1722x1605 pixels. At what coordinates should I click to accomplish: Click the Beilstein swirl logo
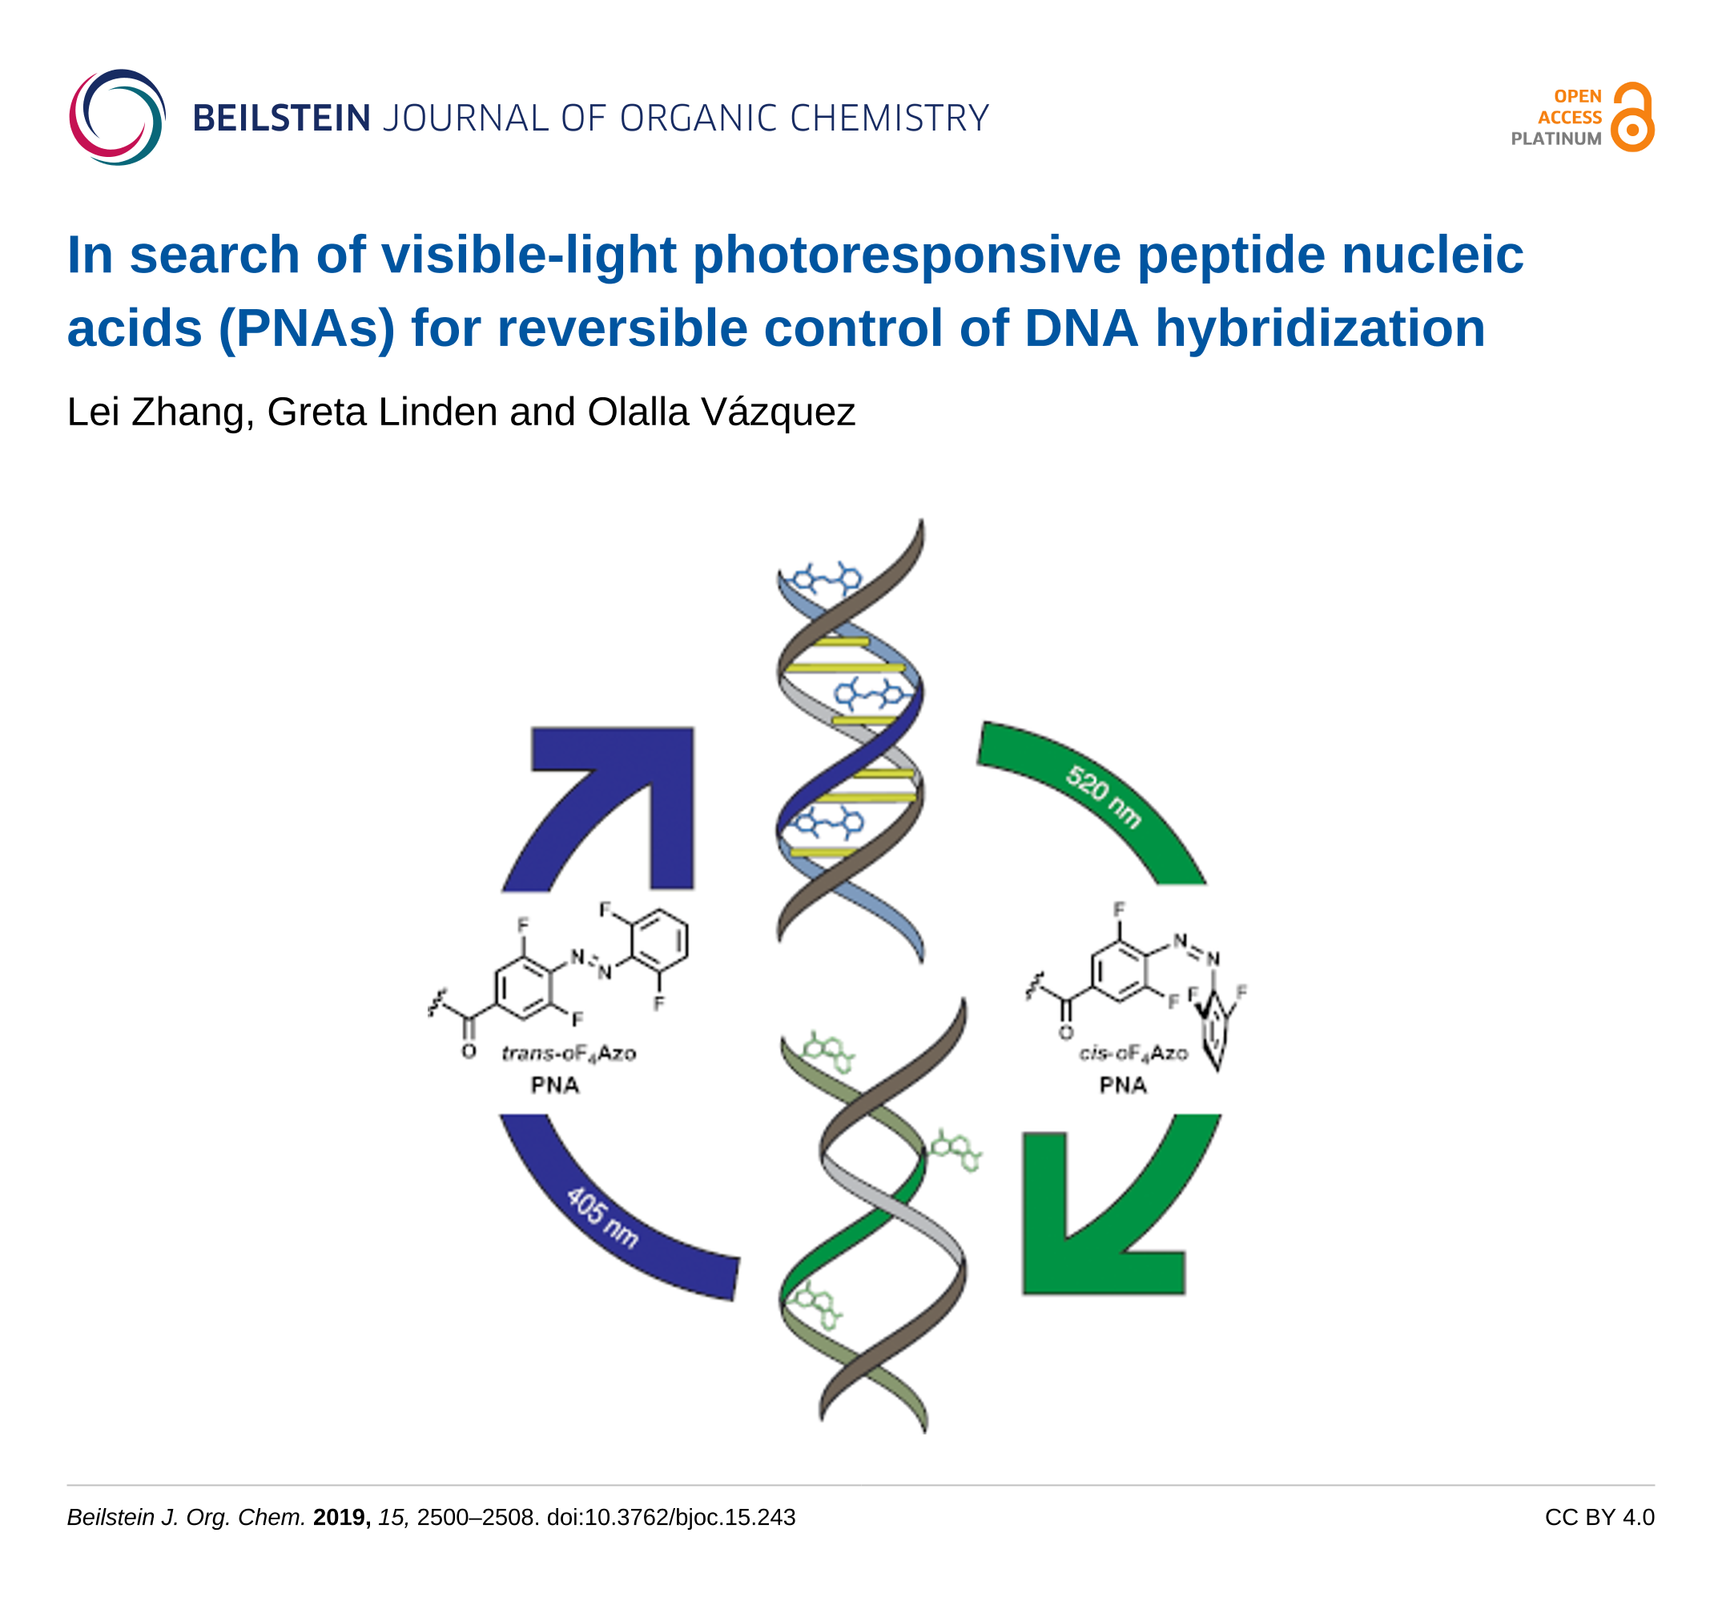[x=117, y=118]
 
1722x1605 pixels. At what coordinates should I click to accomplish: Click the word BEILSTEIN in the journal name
[x=281, y=119]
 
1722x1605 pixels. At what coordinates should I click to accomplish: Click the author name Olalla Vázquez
[x=721, y=412]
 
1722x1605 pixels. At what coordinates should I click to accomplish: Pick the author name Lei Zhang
[x=160, y=412]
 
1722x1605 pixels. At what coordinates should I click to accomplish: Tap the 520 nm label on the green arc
[x=1103, y=796]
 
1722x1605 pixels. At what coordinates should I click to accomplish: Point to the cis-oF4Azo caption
[x=1133, y=1053]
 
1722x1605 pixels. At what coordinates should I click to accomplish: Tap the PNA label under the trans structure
[x=554, y=1085]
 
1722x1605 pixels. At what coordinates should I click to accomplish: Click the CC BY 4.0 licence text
[x=1599, y=1518]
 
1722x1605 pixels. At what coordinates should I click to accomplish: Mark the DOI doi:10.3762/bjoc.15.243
[x=670, y=1518]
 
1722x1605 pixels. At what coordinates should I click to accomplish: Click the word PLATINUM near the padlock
[x=1555, y=139]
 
